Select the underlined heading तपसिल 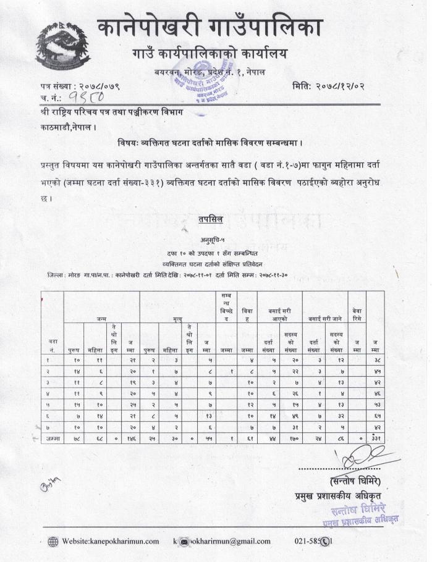[x=211, y=220]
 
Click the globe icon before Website [x=53, y=542]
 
